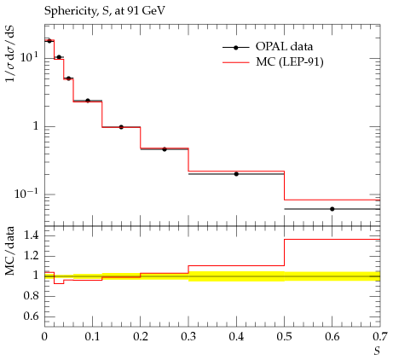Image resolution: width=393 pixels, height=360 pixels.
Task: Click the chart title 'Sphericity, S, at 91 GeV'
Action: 104,11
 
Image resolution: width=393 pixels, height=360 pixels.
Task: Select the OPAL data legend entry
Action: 268,47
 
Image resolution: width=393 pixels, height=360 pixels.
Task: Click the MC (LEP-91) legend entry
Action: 273,61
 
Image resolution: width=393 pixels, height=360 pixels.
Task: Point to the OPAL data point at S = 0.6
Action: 332,209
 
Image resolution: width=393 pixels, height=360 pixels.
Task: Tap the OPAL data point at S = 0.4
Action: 236,174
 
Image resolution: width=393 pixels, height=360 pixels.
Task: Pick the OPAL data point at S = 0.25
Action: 165,149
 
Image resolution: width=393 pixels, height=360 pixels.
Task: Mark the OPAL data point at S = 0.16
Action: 121,127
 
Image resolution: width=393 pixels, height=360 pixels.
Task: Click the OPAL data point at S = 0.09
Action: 88,101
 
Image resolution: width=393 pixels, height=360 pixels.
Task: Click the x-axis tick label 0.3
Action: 188,337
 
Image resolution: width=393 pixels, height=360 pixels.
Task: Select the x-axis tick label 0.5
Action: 284,337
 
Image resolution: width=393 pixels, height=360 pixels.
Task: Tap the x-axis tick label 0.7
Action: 380,337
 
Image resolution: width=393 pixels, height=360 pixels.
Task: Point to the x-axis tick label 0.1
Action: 92,337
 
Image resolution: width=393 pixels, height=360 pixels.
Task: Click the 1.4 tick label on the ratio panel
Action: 31,235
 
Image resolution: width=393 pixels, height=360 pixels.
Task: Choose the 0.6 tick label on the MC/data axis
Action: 31,316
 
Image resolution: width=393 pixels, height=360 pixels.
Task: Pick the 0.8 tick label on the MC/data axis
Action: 31,296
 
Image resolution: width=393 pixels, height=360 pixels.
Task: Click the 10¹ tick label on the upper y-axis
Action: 29,57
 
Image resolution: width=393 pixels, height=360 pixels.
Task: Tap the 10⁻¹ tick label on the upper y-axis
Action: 26,194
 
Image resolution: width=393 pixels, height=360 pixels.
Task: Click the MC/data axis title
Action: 9,251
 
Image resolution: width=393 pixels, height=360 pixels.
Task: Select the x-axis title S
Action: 377,351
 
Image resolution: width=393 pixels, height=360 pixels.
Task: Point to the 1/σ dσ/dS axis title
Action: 10,54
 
